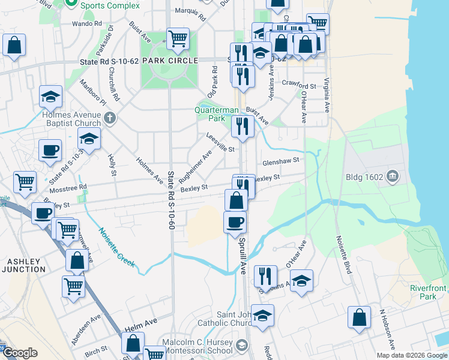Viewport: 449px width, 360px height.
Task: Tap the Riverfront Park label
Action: click(424, 292)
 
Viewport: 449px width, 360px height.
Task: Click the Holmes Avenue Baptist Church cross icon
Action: click(109, 118)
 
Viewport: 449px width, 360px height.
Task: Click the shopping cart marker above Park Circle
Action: click(178, 39)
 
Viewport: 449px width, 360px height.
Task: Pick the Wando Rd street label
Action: click(86, 23)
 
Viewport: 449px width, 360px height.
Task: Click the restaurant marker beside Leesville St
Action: click(242, 127)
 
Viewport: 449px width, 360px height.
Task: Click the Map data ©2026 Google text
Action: click(412, 355)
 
